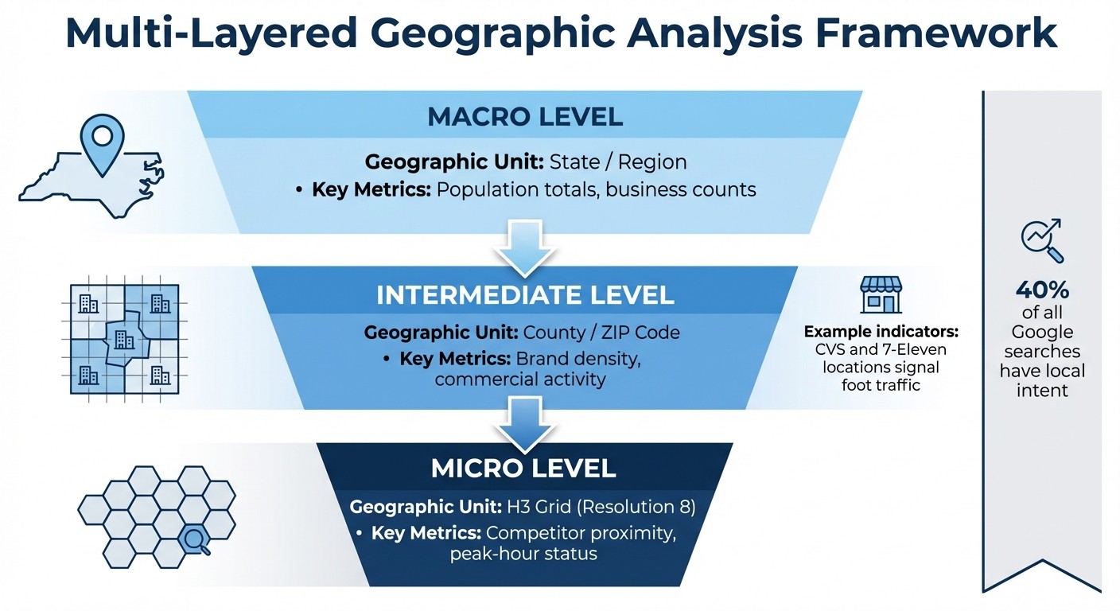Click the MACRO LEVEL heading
pyautogui.click(x=525, y=117)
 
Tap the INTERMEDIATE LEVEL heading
pyautogui.click(x=525, y=294)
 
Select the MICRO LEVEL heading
pyautogui.click(x=523, y=468)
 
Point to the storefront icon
pyautogui.click(x=881, y=294)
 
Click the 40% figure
pyautogui.click(x=1042, y=289)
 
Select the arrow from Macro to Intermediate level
pyautogui.click(x=524, y=244)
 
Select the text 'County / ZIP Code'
pyautogui.click(x=601, y=333)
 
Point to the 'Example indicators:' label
pyautogui.click(x=880, y=331)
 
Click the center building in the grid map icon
pyautogui.click(x=124, y=340)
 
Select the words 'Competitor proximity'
pyautogui.click(x=581, y=533)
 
